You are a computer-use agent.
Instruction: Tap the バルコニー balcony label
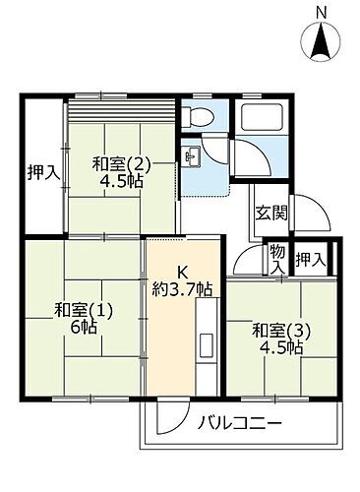click(x=241, y=424)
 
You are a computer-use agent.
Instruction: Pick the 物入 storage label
click(x=277, y=260)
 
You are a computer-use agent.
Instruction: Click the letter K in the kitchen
click(x=182, y=273)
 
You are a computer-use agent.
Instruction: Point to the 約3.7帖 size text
click(x=182, y=289)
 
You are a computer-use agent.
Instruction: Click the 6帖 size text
click(x=83, y=330)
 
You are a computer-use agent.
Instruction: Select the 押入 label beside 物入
click(x=312, y=260)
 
